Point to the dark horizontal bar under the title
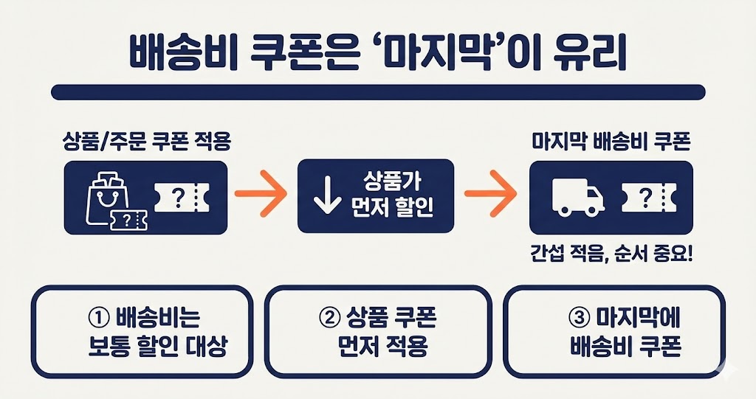[x=378, y=93]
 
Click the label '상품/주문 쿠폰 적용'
[x=145, y=142]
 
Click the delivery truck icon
[x=578, y=198]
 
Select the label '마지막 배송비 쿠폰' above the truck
[x=611, y=142]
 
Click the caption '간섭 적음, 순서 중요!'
[x=611, y=254]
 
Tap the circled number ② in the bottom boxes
[x=329, y=319]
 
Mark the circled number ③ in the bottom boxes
[x=578, y=319]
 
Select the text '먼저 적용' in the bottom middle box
[x=378, y=347]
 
